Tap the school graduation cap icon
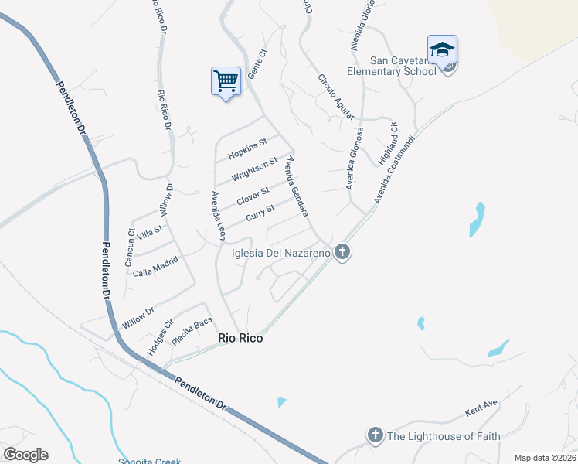coord(442,50)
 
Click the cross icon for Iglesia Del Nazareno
coord(342,252)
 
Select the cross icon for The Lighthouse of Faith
coord(376,435)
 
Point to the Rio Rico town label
coord(240,338)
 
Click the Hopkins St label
coord(247,148)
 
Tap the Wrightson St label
coord(254,169)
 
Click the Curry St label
coord(260,213)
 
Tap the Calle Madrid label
coord(155,268)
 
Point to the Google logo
coord(25,455)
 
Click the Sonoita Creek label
coord(149,461)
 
